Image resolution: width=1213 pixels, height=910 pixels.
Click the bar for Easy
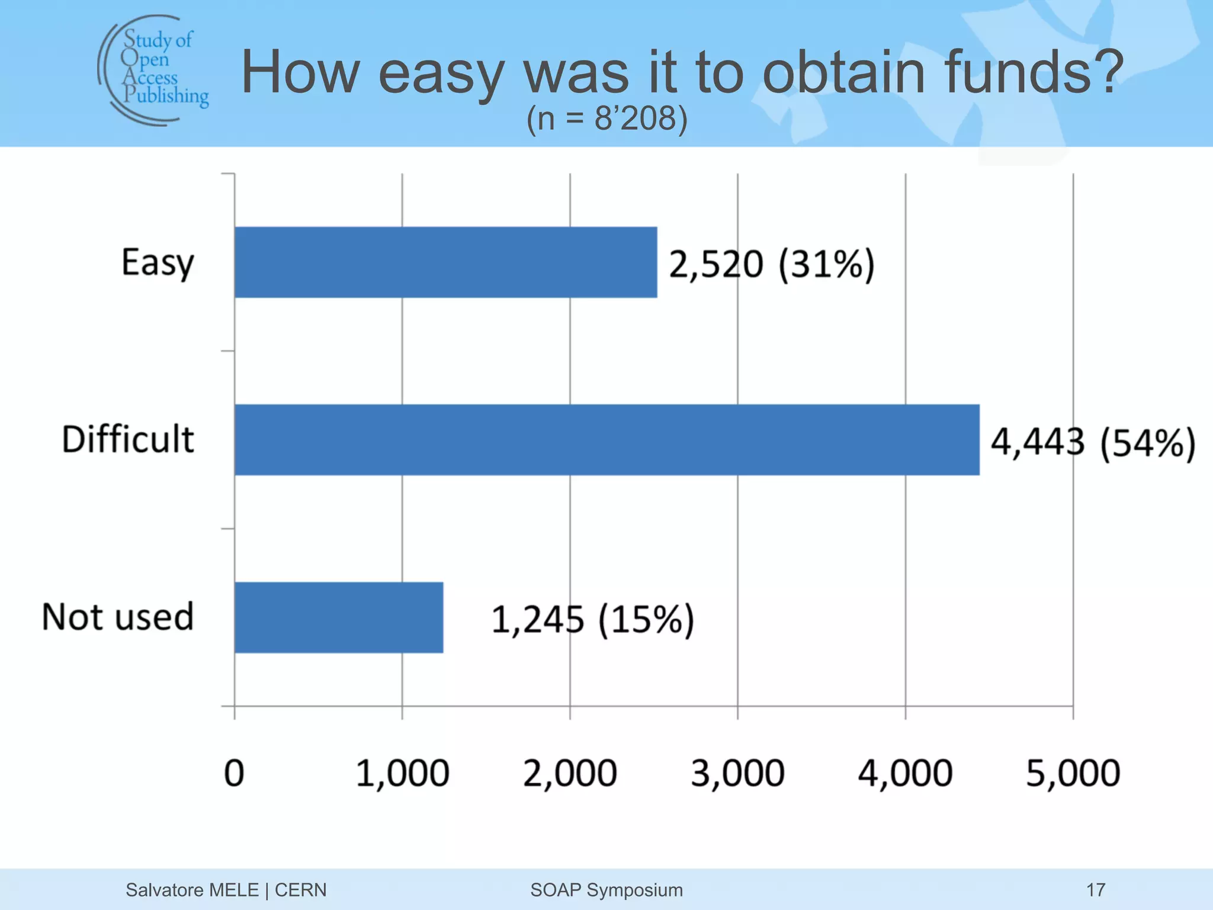(x=445, y=262)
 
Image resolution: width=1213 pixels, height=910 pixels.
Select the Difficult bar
(x=606, y=440)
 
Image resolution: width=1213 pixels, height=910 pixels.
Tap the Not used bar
(x=339, y=617)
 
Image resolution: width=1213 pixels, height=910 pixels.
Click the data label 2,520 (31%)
(x=771, y=264)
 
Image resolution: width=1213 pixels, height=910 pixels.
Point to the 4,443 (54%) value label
(x=1093, y=443)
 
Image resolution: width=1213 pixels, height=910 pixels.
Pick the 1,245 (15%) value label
(x=592, y=620)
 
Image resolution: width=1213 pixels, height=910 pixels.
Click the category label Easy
(x=158, y=263)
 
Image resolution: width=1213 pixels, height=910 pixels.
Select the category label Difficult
(x=128, y=440)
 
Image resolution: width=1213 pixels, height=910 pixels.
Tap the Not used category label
(x=118, y=617)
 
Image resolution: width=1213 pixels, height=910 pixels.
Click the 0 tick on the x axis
(x=234, y=773)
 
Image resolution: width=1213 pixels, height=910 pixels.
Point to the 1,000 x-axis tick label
(x=402, y=774)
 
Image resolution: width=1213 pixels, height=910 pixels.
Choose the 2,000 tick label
(x=570, y=774)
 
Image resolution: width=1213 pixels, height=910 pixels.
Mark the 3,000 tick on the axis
(x=737, y=774)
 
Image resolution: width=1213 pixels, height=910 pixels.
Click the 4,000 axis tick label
(x=905, y=774)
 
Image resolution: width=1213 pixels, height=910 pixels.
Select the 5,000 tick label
(x=1073, y=774)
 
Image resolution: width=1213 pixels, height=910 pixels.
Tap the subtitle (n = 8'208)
(x=606, y=118)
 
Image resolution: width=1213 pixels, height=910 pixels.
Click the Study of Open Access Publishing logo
(x=154, y=70)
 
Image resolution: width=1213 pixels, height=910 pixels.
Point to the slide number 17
(x=1096, y=890)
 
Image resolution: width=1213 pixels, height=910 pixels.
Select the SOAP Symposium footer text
(x=606, y=890)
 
